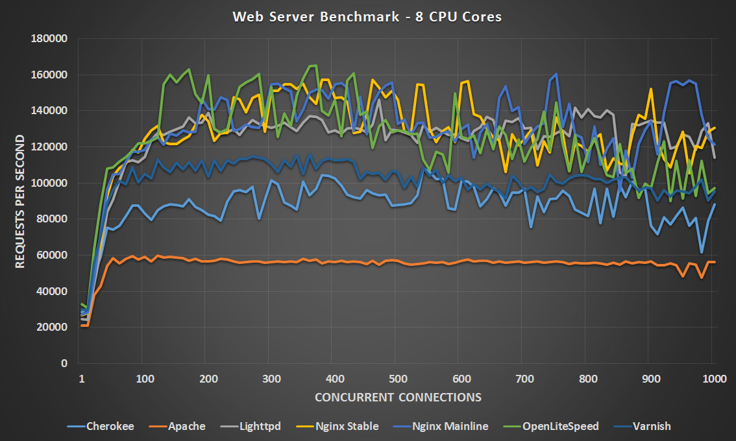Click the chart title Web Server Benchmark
click(x=367, y=17)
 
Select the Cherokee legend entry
click(x=110, y=426)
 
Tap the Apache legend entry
click(x=186, y=426)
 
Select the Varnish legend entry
click(x=652, y=426)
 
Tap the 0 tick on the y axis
click(x=64, y=363)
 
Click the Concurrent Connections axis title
click(x=398, y=397)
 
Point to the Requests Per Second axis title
click(x=20, y=201)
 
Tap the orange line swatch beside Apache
click(x=158, y=426)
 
